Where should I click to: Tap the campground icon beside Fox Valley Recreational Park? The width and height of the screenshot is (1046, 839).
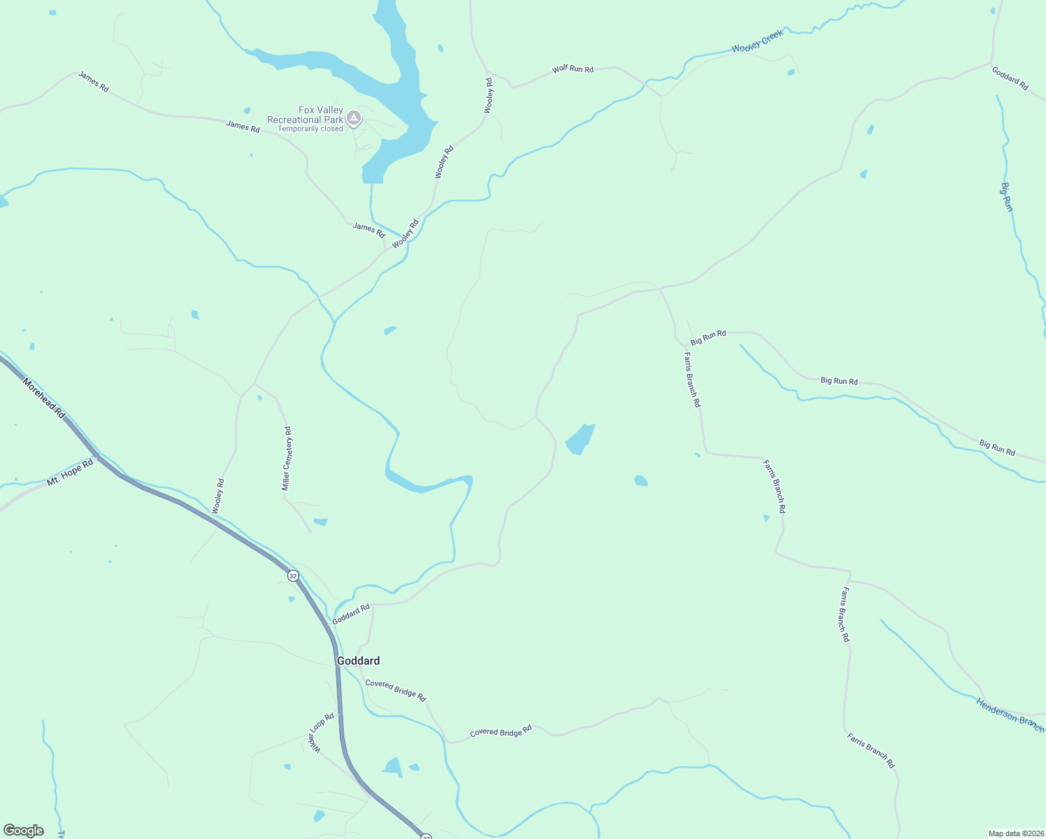[354, 119]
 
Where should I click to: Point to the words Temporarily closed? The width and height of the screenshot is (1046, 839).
[310, 129]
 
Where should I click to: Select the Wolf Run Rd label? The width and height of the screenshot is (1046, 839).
[573, 69]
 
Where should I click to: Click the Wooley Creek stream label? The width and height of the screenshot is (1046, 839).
[758, 41]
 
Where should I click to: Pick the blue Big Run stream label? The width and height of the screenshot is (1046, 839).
[1007, 196]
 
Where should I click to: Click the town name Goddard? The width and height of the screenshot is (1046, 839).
[359, 661]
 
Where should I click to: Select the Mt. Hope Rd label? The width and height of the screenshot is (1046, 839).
[70, 473]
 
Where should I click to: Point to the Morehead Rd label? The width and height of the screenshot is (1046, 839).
[43, 399]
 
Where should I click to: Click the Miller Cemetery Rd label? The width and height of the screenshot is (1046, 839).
[287, 459]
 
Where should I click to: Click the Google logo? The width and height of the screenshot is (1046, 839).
[24, 831]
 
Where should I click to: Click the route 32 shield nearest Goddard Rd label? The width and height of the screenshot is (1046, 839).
[293, 575]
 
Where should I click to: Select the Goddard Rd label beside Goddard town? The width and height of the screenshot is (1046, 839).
[350, 615]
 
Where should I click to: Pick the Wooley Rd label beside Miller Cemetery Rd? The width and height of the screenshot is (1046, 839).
[218, 496]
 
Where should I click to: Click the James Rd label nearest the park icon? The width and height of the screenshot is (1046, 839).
[243, 127]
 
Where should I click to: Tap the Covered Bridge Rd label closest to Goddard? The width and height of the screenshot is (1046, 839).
[395, 690]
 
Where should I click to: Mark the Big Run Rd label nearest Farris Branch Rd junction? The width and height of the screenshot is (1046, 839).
[708, 338]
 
